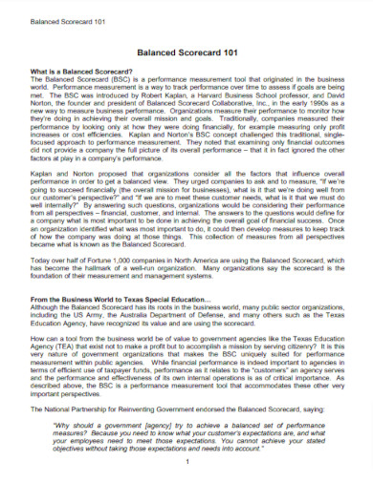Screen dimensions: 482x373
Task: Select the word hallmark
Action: pos(100,268)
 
